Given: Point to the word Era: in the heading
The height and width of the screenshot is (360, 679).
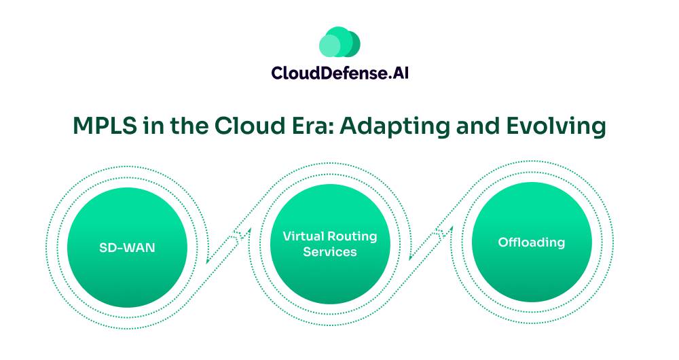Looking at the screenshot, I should (x=301, y=126).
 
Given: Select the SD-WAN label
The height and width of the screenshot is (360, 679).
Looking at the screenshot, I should (x=128, y=248).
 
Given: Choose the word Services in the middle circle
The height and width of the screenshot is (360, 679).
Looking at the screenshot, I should (x=329, y=252).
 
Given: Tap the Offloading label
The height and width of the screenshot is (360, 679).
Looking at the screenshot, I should (x=531, y=242).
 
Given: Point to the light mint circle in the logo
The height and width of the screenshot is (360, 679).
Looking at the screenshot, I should (x=329, y=45).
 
